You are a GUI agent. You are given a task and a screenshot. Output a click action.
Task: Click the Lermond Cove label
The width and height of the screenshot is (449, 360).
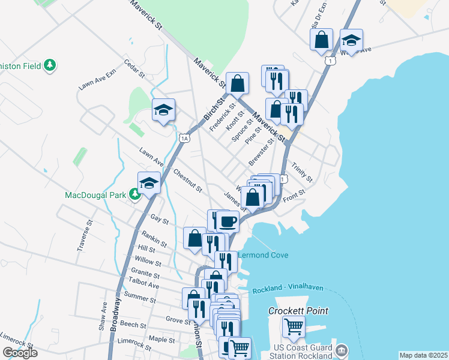point(264,255)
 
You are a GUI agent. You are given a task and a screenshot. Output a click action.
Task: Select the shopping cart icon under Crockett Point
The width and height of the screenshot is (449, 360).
point(294,327)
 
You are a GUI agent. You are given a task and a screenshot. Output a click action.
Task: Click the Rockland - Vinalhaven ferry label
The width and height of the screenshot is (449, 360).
point(288,289)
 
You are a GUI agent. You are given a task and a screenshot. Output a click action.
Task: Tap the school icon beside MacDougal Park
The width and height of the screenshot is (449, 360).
point(149,183)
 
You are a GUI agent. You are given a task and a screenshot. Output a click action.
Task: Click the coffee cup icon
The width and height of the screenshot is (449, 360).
point(228,221)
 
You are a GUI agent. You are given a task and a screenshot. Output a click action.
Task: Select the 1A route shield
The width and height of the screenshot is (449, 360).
point(184,138)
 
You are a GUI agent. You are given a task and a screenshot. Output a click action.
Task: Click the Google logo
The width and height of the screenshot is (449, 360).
point(20,353)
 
